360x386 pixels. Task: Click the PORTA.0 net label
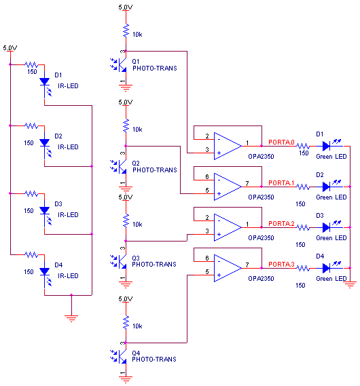(x=281, y=142)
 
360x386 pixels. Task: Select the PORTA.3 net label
(x=281, y=265)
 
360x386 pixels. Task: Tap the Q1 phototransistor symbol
(x=118, y=65)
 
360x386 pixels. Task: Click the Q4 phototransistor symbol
(x=118, y=356)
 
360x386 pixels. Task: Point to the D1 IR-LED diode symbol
(x=45, y=85)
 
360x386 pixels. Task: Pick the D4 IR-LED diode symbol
(x=45, y=275)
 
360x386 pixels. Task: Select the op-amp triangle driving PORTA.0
(x=228, y=147)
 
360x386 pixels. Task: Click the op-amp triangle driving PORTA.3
(x=228, y=269)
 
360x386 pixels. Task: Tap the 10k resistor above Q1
(x=126, y=31)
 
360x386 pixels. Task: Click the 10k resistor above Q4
(x=126, y=322)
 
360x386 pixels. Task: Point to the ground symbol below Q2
(x=126, y=189)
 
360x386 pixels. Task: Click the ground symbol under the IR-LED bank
(x=71, y=319)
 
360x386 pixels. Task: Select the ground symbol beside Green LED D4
(x=350, y=284)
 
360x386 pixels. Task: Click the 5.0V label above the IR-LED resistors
(x=10, y=47)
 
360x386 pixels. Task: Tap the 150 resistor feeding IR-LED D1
(x=31, y=65)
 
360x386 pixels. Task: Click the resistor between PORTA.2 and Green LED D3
(x=302, y=227)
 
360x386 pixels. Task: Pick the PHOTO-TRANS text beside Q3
(x=154, y=265)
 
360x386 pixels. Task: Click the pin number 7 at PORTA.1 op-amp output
(x=247, y=183)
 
